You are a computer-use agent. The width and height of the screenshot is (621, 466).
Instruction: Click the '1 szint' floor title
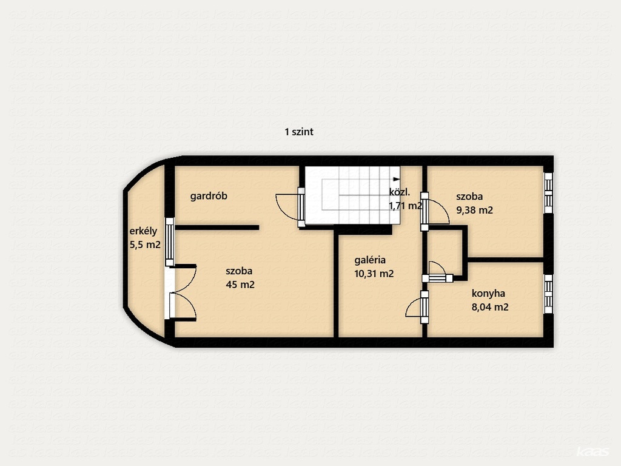299,132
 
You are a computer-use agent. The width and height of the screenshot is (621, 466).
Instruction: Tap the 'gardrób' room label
209,196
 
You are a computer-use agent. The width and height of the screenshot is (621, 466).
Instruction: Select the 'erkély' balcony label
143,231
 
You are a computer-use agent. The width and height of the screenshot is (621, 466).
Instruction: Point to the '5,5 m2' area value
145,245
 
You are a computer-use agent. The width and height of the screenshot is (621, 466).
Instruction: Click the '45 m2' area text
240,285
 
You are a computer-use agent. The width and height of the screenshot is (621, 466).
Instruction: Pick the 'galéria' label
370,260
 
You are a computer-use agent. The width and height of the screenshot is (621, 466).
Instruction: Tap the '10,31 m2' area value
374,274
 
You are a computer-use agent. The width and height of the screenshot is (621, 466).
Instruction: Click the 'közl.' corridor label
399,192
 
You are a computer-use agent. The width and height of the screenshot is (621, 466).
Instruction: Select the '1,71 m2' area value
406,206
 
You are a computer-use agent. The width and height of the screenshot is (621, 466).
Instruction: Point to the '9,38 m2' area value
474,210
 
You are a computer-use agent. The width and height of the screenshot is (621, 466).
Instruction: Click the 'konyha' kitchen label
488,294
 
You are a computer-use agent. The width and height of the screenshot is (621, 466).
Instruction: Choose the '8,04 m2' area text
490,307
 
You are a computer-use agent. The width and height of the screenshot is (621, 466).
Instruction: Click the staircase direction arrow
396,179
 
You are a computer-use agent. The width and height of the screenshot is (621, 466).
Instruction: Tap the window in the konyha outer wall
548,294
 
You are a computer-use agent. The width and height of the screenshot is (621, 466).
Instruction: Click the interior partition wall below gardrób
217,228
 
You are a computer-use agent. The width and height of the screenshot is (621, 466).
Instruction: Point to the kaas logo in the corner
593,452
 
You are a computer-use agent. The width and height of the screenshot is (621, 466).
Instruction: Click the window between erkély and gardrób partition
170,241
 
